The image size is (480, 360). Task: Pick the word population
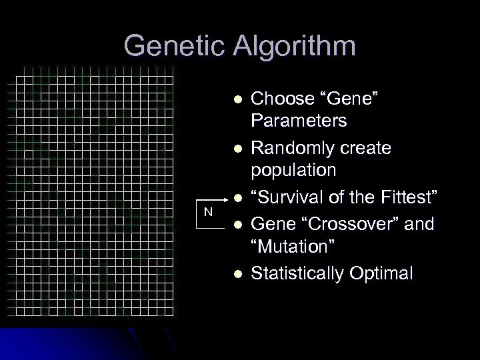click(293, 170)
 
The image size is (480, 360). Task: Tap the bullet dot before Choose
click(228, 100)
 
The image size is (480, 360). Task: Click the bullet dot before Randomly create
click(228, 147)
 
